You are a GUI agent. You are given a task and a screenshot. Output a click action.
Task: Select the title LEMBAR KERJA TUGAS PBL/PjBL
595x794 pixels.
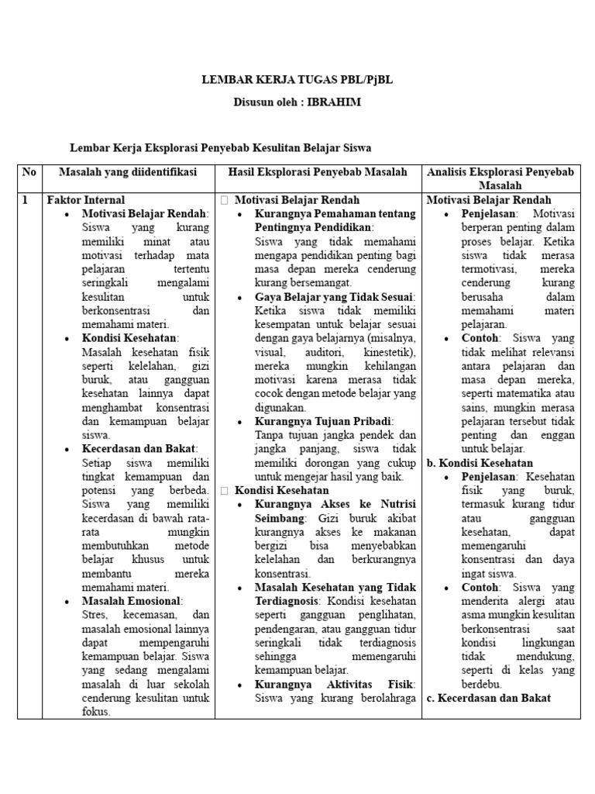297,80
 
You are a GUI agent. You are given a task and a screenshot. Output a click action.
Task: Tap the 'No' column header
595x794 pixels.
29,171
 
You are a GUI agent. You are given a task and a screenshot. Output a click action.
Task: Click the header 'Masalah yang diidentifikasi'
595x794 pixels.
128,171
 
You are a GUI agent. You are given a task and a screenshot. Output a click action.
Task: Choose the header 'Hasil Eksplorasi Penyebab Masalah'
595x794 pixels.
318,171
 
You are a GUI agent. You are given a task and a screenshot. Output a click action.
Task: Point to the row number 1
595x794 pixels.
25,200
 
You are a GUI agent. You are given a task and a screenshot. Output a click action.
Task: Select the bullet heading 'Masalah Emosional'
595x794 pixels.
132,601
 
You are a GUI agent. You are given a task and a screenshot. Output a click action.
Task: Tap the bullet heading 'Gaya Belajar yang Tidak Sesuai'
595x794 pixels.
335,297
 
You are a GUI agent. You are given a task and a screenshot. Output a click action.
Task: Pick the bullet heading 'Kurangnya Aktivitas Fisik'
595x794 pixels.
335,684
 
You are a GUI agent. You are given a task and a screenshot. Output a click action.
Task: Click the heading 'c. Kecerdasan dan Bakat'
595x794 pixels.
488,698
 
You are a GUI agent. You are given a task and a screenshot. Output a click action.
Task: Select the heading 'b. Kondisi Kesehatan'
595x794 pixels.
480,463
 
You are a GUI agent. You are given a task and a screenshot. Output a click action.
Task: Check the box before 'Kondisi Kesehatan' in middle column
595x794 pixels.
225,491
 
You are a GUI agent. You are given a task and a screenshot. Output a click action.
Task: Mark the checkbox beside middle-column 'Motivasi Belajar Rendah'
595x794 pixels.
225,200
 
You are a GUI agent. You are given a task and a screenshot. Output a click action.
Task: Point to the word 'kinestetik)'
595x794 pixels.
392,352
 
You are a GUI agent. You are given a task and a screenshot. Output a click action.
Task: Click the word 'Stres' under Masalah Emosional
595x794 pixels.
95,615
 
